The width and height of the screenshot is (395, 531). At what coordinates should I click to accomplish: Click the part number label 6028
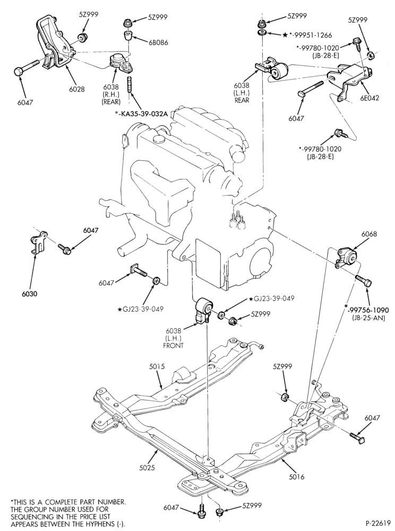click(x=77, y=89)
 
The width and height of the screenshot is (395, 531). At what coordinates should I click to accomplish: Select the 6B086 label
click(x=157, y=42)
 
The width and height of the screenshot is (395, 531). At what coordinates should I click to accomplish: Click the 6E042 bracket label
click(x=370, y=98)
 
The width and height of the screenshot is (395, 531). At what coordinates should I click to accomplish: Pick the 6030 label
click(x=29, y=294)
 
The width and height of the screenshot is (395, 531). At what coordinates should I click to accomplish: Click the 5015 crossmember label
click(x=157, y=366)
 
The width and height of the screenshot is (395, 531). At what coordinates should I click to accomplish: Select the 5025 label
click(x=147, y=468)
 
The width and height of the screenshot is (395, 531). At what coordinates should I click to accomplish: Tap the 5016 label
click(x=296, y=477)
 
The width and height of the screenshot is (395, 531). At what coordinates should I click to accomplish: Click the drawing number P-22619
click(x=377, y=522)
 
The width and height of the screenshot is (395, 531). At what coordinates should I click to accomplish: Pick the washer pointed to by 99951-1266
click(x=261, y=32)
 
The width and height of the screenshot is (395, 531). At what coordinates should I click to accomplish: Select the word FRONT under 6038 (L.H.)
click(x=173, y=346)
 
